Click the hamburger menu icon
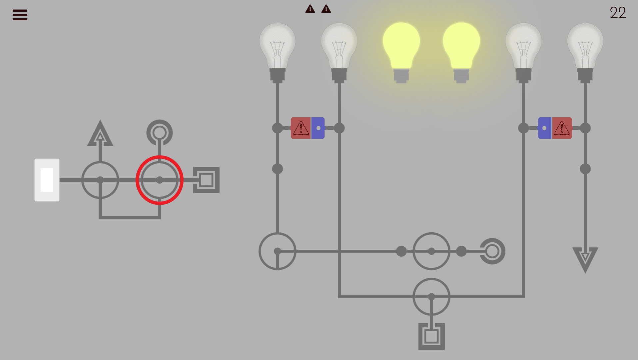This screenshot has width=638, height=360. click(20, 15)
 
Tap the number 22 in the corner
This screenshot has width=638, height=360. click(618, 13)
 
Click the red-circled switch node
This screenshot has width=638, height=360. click(160, 180)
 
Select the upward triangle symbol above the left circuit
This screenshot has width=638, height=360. click(100, 134)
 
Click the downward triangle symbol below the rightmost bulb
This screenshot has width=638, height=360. click(585, 259)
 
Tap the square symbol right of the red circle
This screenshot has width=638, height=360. click(206, 180)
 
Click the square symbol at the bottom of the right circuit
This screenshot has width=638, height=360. click(431, 336)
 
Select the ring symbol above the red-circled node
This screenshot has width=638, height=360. click(160, 132)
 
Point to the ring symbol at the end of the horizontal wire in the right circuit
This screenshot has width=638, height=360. click(492, 251)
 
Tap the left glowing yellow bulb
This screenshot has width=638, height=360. click(401, 47)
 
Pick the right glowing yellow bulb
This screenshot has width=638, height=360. click(461, 47)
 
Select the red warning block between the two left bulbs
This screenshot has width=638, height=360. click(301, 128)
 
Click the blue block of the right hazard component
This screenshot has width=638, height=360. click(545, 128)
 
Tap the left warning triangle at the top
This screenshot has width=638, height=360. click(310, 9)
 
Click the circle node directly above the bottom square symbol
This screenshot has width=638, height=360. click(431, 296)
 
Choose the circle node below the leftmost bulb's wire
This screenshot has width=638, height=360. click(277, 251)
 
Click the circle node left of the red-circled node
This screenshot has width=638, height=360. click(100, 180)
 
